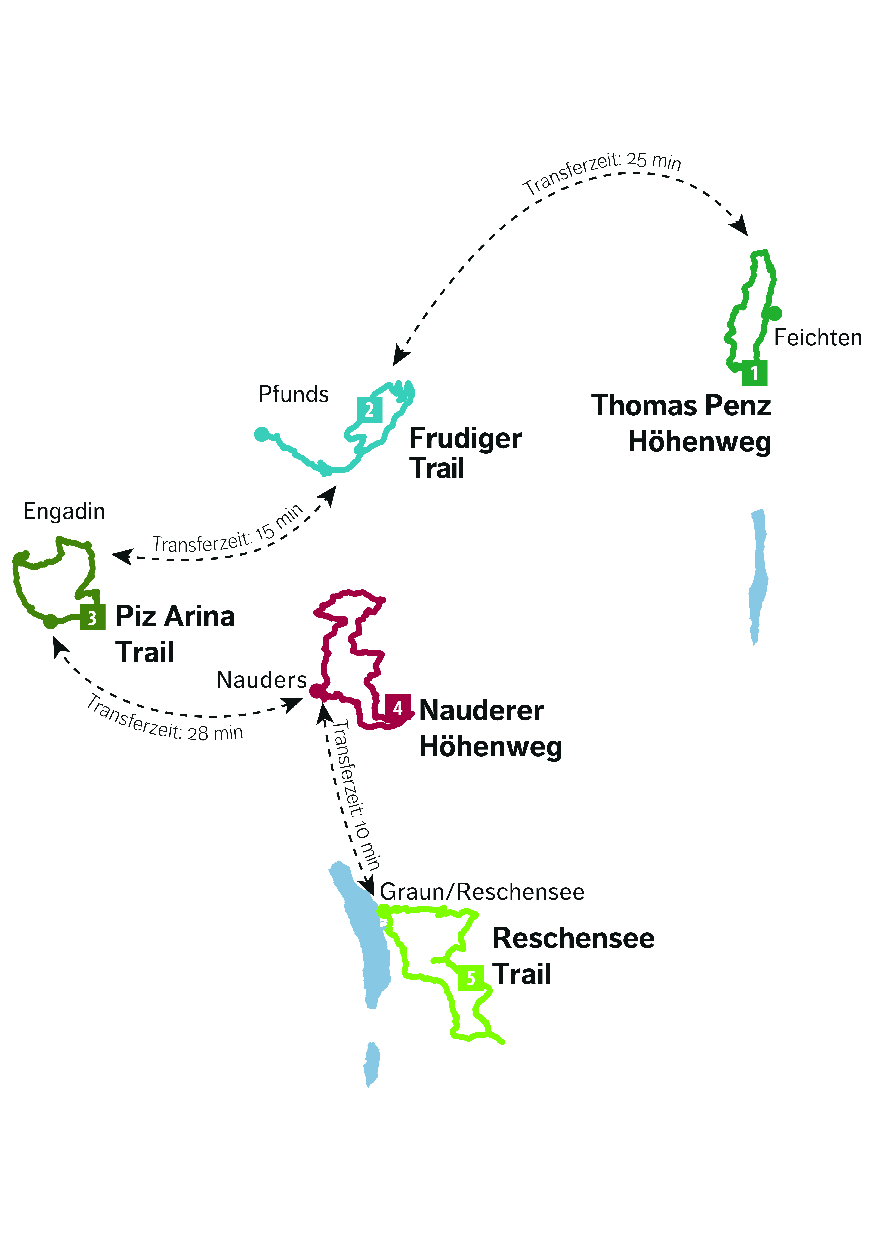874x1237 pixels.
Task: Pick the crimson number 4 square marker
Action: point(398,707)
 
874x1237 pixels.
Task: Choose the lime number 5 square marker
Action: point(471,977)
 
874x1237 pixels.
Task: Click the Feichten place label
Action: point(817,338)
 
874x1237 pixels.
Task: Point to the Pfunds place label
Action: point(294,394)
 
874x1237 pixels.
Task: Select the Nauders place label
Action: point(262,680)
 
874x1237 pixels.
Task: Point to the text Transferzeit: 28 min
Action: point(164,719)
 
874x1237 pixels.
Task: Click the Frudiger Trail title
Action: point(465,453)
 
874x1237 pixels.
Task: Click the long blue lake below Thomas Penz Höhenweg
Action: point(758,577)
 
